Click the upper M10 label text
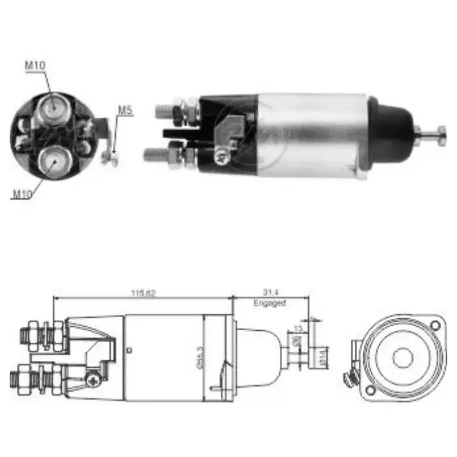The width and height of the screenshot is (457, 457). coord(34,65)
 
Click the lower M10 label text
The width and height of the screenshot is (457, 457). coord(22,195)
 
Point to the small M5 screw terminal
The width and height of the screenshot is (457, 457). coord(110,158)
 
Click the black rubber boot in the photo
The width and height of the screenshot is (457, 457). coord(391,132)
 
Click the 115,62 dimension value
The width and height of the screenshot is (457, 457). coord(143,293)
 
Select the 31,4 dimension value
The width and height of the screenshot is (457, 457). coord(269,293)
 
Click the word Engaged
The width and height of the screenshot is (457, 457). coord(269,303)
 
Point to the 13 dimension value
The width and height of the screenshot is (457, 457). coord(298,328)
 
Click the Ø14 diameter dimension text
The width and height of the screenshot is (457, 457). coord(322,359)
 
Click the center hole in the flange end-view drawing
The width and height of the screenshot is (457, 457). coord(403,357)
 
